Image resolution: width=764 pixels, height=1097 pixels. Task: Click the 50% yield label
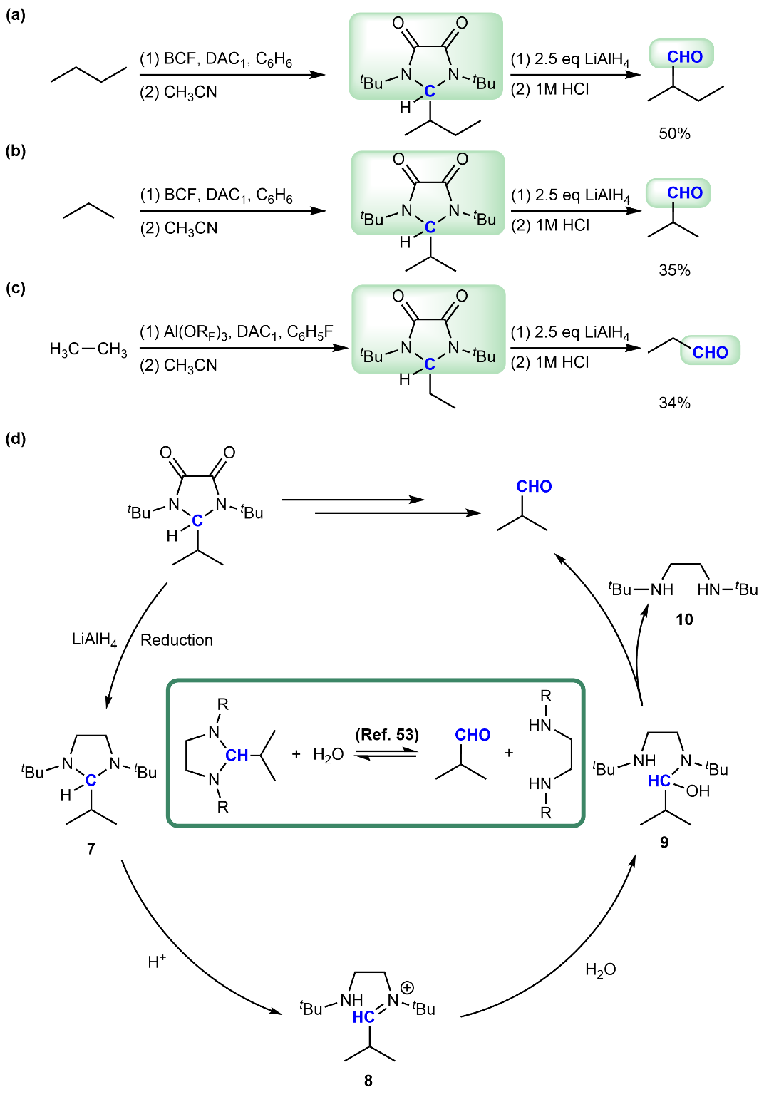coord(674,133)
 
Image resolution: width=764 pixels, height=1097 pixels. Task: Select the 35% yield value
coord(674,270)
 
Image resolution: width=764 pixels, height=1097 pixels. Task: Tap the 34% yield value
coord(674,403)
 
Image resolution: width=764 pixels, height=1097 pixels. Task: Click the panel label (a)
coord(16,14)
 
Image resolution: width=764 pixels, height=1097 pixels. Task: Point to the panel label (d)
coord(16,438)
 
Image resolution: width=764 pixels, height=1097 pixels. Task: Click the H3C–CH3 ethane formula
coord(88,349)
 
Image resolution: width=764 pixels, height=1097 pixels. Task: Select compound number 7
coord(91,848)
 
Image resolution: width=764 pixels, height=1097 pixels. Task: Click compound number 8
coord(368,1081)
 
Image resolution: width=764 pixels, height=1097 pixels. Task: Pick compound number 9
coord(664,843)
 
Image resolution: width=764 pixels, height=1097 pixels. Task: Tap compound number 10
coord(684,619)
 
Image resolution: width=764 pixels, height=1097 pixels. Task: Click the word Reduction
coord(177,640)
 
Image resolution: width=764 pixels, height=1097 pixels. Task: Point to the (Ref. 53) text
coord(387,734)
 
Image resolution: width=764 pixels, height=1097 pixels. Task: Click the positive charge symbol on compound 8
coord(407,987)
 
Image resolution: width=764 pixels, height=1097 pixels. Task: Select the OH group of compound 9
coord(698,790)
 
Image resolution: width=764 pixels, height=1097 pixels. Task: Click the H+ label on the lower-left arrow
coord(157,962)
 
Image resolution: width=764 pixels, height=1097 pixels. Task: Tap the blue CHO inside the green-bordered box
coord(473,735)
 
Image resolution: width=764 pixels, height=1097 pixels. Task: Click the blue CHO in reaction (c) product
coord(710,352)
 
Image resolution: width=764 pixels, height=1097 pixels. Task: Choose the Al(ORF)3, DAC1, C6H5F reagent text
coord(237,332)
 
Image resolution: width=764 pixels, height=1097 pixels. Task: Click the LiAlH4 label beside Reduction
coord(95,639)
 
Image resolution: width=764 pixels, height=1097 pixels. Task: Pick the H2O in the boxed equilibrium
coord(329,754)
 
